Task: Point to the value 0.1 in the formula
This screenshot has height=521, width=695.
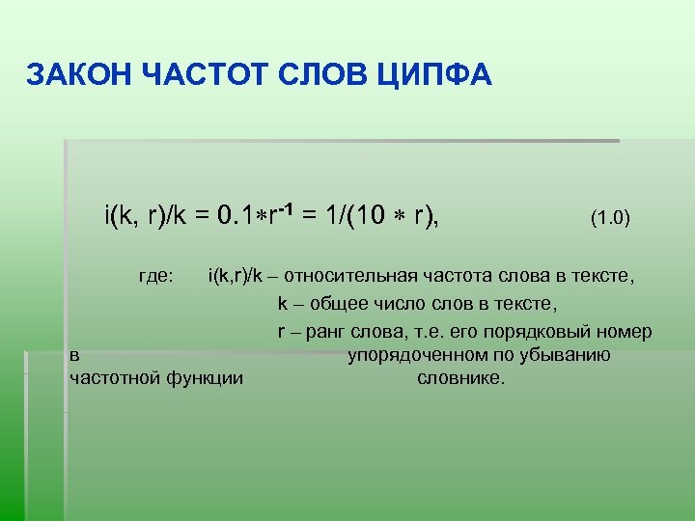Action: [x=236, y=214]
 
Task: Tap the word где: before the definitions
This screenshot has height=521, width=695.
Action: [x=155, y=278]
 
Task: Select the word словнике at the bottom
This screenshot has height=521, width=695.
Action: [x=459, y=377]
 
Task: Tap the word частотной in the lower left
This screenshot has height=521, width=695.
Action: [x=113, y=377]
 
